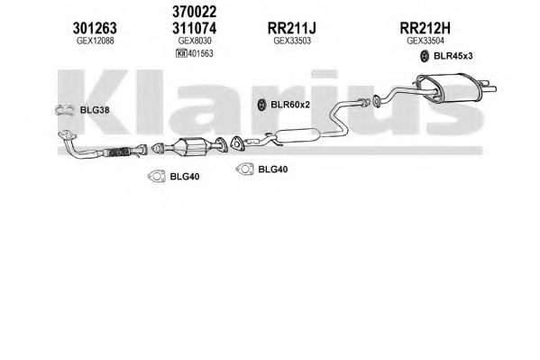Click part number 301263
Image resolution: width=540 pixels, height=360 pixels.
pos(95,28)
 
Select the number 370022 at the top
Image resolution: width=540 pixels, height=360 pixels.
pos(194,12)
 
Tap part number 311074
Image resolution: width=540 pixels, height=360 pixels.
pos(194,28)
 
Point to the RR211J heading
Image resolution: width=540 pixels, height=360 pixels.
pos(292,28)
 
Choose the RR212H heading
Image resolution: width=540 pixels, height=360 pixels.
pos(425,28)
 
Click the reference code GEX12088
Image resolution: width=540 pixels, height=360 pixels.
pos(95,41)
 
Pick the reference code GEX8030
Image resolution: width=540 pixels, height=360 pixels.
pos(195,41)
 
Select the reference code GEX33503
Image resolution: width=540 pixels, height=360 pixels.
pos(292,41)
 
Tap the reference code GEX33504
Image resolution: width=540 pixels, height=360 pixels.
pos(426,41)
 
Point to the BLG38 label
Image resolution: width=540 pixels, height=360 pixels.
pos(95,110)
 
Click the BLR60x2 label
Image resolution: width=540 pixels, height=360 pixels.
pos(290,104)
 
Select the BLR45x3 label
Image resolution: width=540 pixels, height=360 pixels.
pos(453,56)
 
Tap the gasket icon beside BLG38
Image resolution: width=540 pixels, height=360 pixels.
pos(65,110)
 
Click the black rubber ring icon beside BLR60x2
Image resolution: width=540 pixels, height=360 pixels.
pos(261,105)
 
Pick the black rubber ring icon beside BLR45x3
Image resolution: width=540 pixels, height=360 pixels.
pos(425,56)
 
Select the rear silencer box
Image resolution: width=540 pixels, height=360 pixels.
pos(447,88)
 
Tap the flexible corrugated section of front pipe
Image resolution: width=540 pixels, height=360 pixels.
pos(117,152)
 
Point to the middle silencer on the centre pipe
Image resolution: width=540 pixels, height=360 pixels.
pos(297,135)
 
